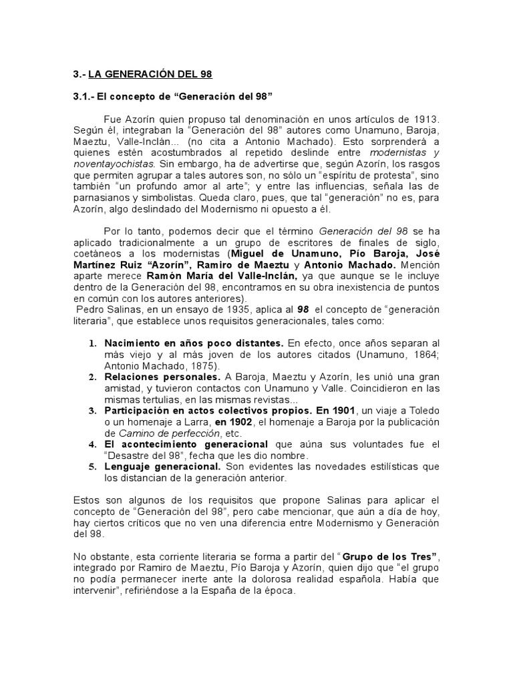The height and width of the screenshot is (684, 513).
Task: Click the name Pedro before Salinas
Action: tap(90, 310)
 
